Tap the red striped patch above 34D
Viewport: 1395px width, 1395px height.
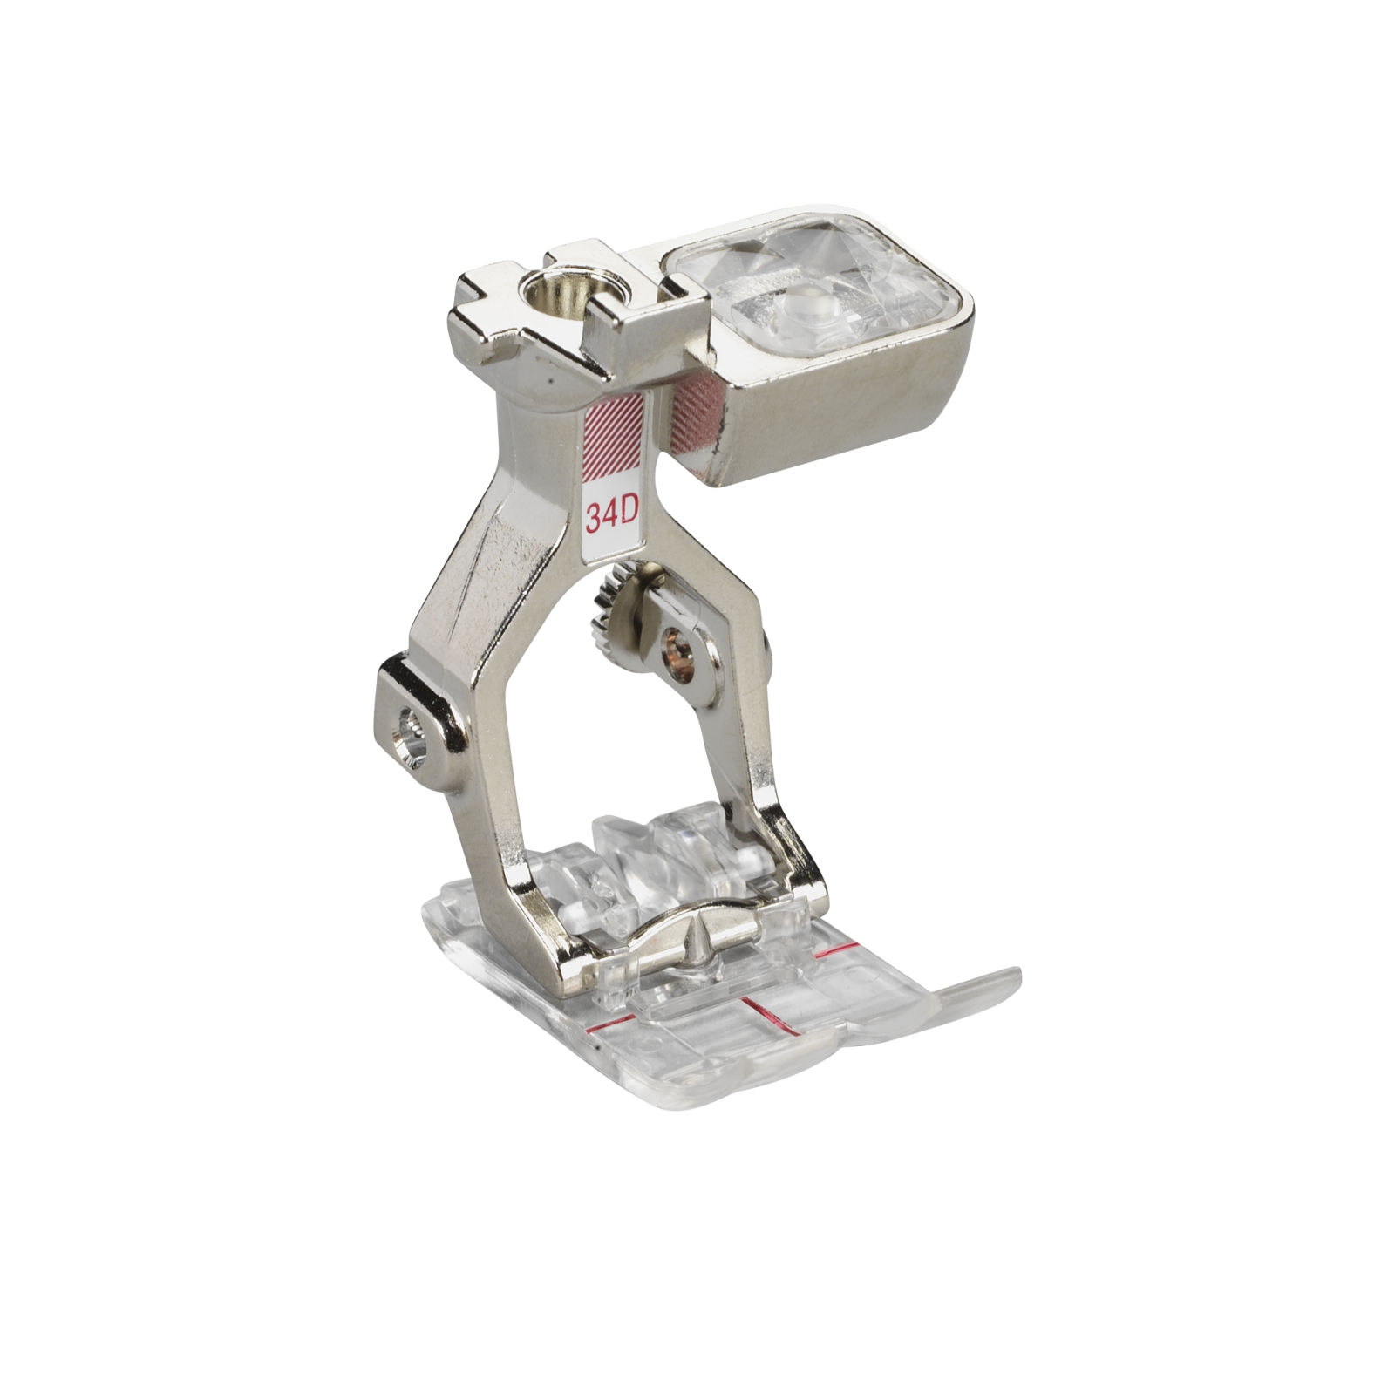coord(613,443)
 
